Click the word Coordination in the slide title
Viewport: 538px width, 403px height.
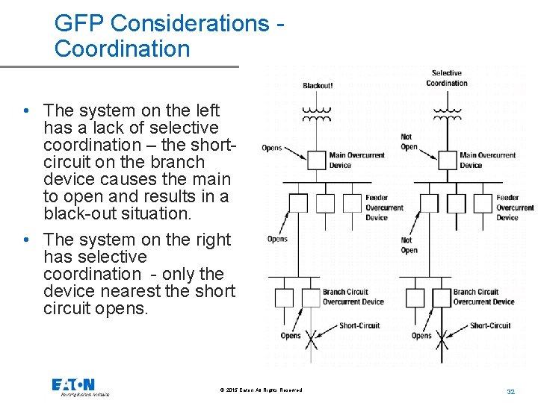123,49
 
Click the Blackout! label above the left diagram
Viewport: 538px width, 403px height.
318,86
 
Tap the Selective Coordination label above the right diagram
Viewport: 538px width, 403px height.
447,78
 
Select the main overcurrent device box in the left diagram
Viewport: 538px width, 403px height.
317,160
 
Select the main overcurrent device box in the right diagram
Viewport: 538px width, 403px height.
447,160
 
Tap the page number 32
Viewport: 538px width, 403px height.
511,391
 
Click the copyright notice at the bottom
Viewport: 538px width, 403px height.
262,390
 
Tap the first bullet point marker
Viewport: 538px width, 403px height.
26,111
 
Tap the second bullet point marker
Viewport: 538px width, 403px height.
26,240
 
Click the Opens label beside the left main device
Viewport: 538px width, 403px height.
272,148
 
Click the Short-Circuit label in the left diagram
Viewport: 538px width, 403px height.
359,325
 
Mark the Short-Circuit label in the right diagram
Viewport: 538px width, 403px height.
490,325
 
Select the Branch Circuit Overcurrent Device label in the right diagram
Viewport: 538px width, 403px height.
483,297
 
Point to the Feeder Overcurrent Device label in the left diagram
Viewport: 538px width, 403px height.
385,207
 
